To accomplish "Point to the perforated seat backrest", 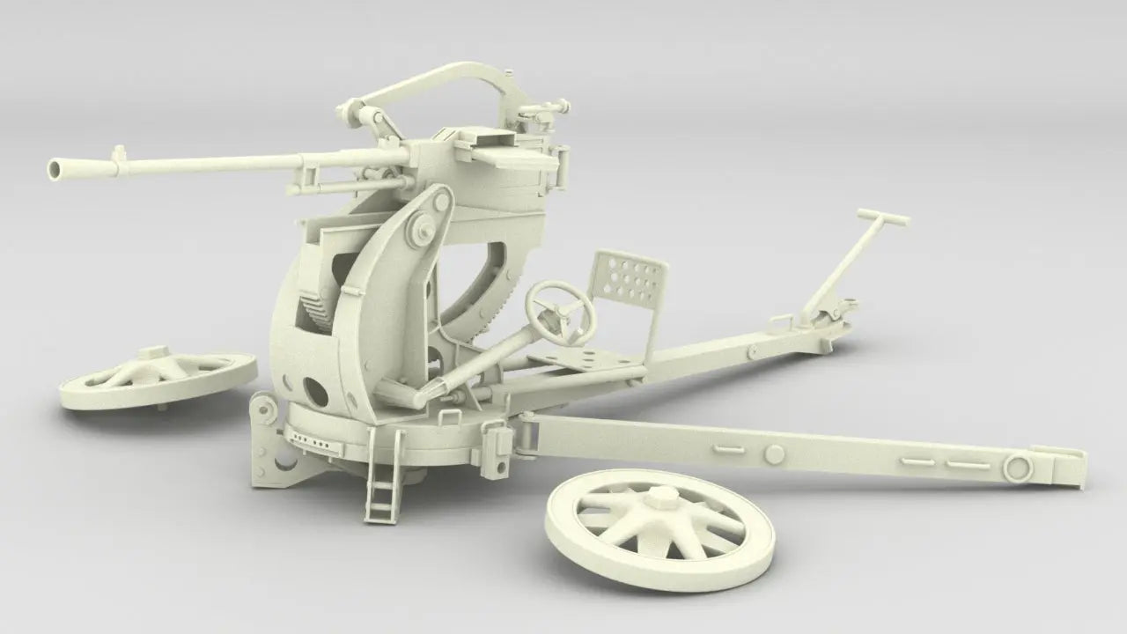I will (630, 280).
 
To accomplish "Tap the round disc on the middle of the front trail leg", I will (774, 453).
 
